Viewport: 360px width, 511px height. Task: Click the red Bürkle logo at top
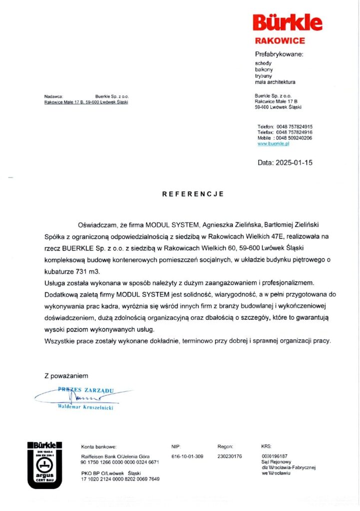(287, 23)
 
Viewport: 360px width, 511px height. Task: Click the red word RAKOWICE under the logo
(280, 41)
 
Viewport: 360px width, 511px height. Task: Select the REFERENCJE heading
(193, 194)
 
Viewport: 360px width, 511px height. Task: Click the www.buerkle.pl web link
(274, 143)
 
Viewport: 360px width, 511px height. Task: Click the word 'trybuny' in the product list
(263, 76)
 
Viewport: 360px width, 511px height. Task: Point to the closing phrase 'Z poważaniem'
(66, 375)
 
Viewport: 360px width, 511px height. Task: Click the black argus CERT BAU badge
(45, 464)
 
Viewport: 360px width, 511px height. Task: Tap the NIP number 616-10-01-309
(187, 457)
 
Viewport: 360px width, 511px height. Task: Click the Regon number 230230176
(230, 457)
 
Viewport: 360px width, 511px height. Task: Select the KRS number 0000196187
(274, 457)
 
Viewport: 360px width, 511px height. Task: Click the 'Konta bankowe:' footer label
(99, 447)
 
